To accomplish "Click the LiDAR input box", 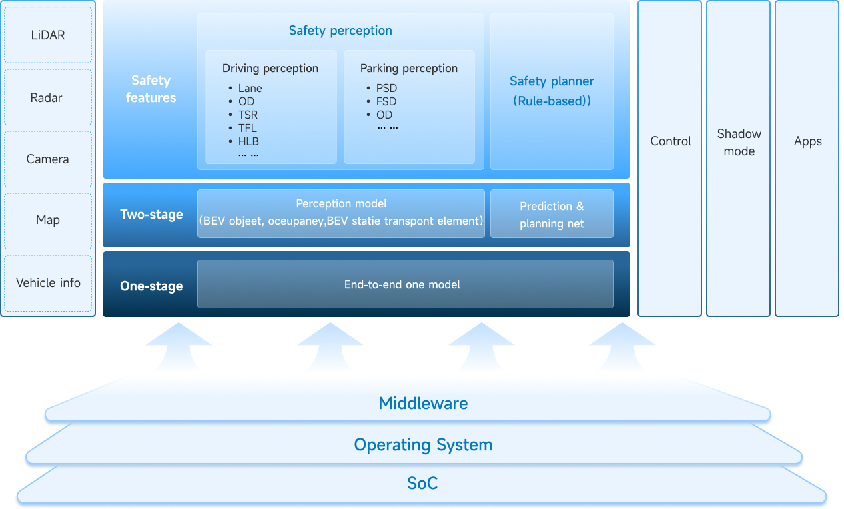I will click(x=48, y=35).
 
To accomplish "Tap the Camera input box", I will click(x=48, y=159).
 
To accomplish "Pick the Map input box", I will click(x=48, y=220).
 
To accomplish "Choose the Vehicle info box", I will click(x=48, y=283).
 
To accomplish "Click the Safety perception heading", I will click(x=340, y=31).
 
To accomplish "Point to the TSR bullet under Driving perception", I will click(x=248, y=115).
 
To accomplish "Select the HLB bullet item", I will click(x=248, y=141).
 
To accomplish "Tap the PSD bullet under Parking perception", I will click(x=386, y=88).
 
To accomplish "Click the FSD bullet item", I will click(x=386, y=101).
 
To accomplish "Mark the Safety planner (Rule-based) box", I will click(x=552, y=91).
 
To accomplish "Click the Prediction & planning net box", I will click(x=552, y=215).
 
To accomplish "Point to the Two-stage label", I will click(x=151, y=215).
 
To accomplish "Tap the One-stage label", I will click(x=151, y=286).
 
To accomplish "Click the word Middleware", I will click(x=423, y=404).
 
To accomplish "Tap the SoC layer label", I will click(x=422, y=484).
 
